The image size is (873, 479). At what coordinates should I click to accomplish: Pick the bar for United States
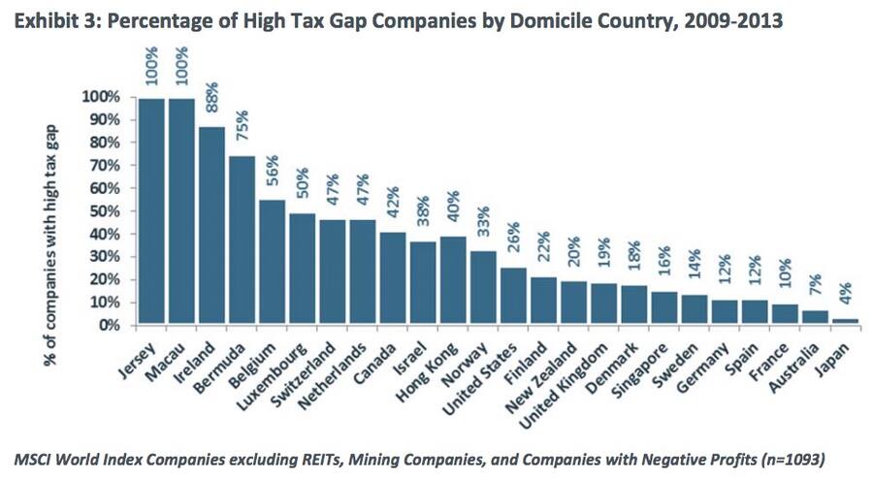514,296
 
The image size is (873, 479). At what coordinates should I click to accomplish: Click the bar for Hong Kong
454,280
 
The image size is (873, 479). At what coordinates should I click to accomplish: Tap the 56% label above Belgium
273,172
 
